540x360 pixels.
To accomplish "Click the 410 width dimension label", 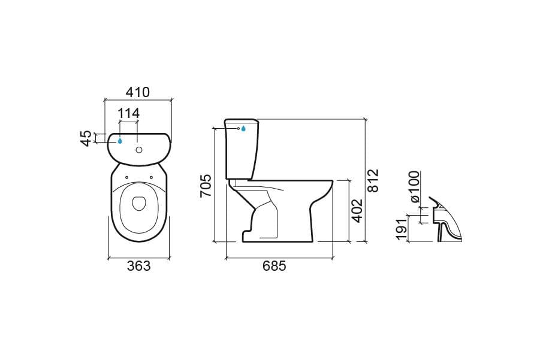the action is click(x=138, y=92).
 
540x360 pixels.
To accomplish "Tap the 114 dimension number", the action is click(x=129, y=113).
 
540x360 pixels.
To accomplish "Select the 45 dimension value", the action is click(x=86, y=138).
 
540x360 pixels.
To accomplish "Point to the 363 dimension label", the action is click(x=139, y=266).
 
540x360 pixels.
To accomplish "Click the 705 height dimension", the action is click(x=206, y=186).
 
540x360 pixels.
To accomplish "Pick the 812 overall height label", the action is click(x=373, y=180).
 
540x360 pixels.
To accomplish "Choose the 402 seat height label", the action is click(x=357, y=210).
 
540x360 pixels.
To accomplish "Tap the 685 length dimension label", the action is click(x=274, y=266).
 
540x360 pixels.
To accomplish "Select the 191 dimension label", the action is click(x=401, y=229).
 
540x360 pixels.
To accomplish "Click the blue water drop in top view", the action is click(x=120, y=141).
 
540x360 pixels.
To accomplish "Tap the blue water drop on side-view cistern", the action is click(x=243, y=129).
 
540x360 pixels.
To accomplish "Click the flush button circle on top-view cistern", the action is click(x=139, y=150).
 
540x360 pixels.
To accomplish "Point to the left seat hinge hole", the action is click(x=126, y=177).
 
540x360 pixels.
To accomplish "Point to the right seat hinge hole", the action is click(x=151, y=177).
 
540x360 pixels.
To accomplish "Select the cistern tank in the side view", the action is click(x=242, y=150).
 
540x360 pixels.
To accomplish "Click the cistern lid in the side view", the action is click(x=242, y=121).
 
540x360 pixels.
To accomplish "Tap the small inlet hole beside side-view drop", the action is click(x=239, y=128).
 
